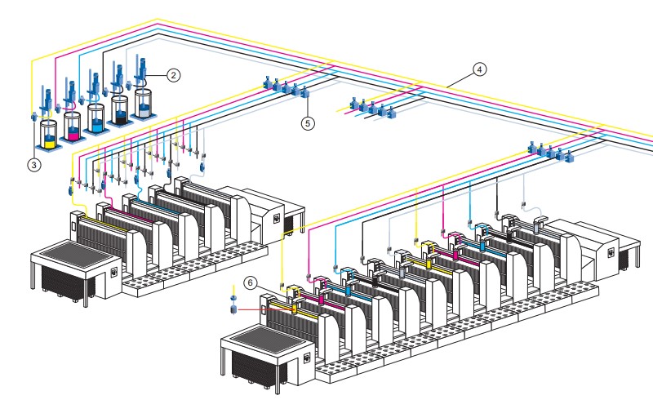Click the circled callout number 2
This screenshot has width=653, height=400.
(x=173, y=73)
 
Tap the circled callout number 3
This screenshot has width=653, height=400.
(x=33, y=164)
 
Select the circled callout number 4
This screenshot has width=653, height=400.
(x=480, y=69)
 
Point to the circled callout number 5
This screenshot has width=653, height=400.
(x=308, y=123)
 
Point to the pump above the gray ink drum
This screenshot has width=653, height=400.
(x=140, y=69)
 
